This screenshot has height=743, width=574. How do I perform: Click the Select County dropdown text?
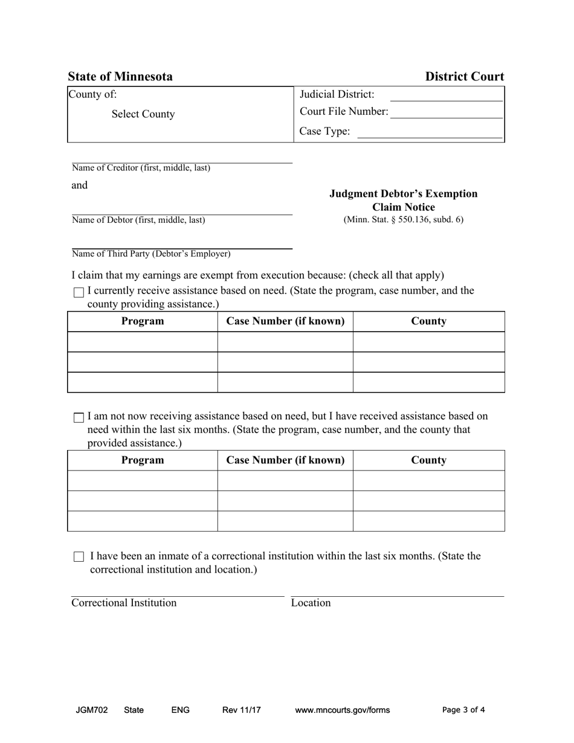pyautogui.click(x=143, y=114)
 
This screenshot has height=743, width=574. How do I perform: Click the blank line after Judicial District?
pyautogui.click(x=447, y=95)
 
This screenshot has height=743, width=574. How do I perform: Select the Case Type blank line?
pyautogui.click(x=430, y=132)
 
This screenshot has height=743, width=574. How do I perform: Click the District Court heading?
pyautogui.click(x=464, y=77)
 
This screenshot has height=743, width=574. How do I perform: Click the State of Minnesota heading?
pyautogui.click(x=120, y=77)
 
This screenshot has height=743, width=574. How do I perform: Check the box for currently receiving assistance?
pyautogui.click(x=79, y=292)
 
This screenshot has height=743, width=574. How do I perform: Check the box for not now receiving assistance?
pyautogui.click(x=79, y=417)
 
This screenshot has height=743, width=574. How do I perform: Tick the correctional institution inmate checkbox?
pyautogui.click(x=79, y=557)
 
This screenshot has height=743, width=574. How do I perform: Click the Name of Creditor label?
pyautogui.click(x=141, y=168)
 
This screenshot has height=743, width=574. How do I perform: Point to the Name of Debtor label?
pyautogui.click(x=138, y=220)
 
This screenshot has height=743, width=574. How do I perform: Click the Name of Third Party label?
pyautogui.click(x=151, y=254)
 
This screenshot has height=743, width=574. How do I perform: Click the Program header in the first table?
pyautogui.click(x=143, y=321)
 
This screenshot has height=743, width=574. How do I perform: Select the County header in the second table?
pyautogui.click(x=428, y=460)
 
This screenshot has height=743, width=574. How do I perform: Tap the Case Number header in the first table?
pyautogui.click(x=285, y=321)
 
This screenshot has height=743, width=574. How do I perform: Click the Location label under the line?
pyautogui.click(x=311, y=603)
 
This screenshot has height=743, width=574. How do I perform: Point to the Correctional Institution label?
pyautogui.click(x=124, y=603)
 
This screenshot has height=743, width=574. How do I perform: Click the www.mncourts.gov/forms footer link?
pyautogui.click(x=342, y=710)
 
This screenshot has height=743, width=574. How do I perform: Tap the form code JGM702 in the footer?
pyautogui.click(x=92, y=710)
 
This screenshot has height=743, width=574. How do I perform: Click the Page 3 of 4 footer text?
pyautogui.click(x=463, y=710)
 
